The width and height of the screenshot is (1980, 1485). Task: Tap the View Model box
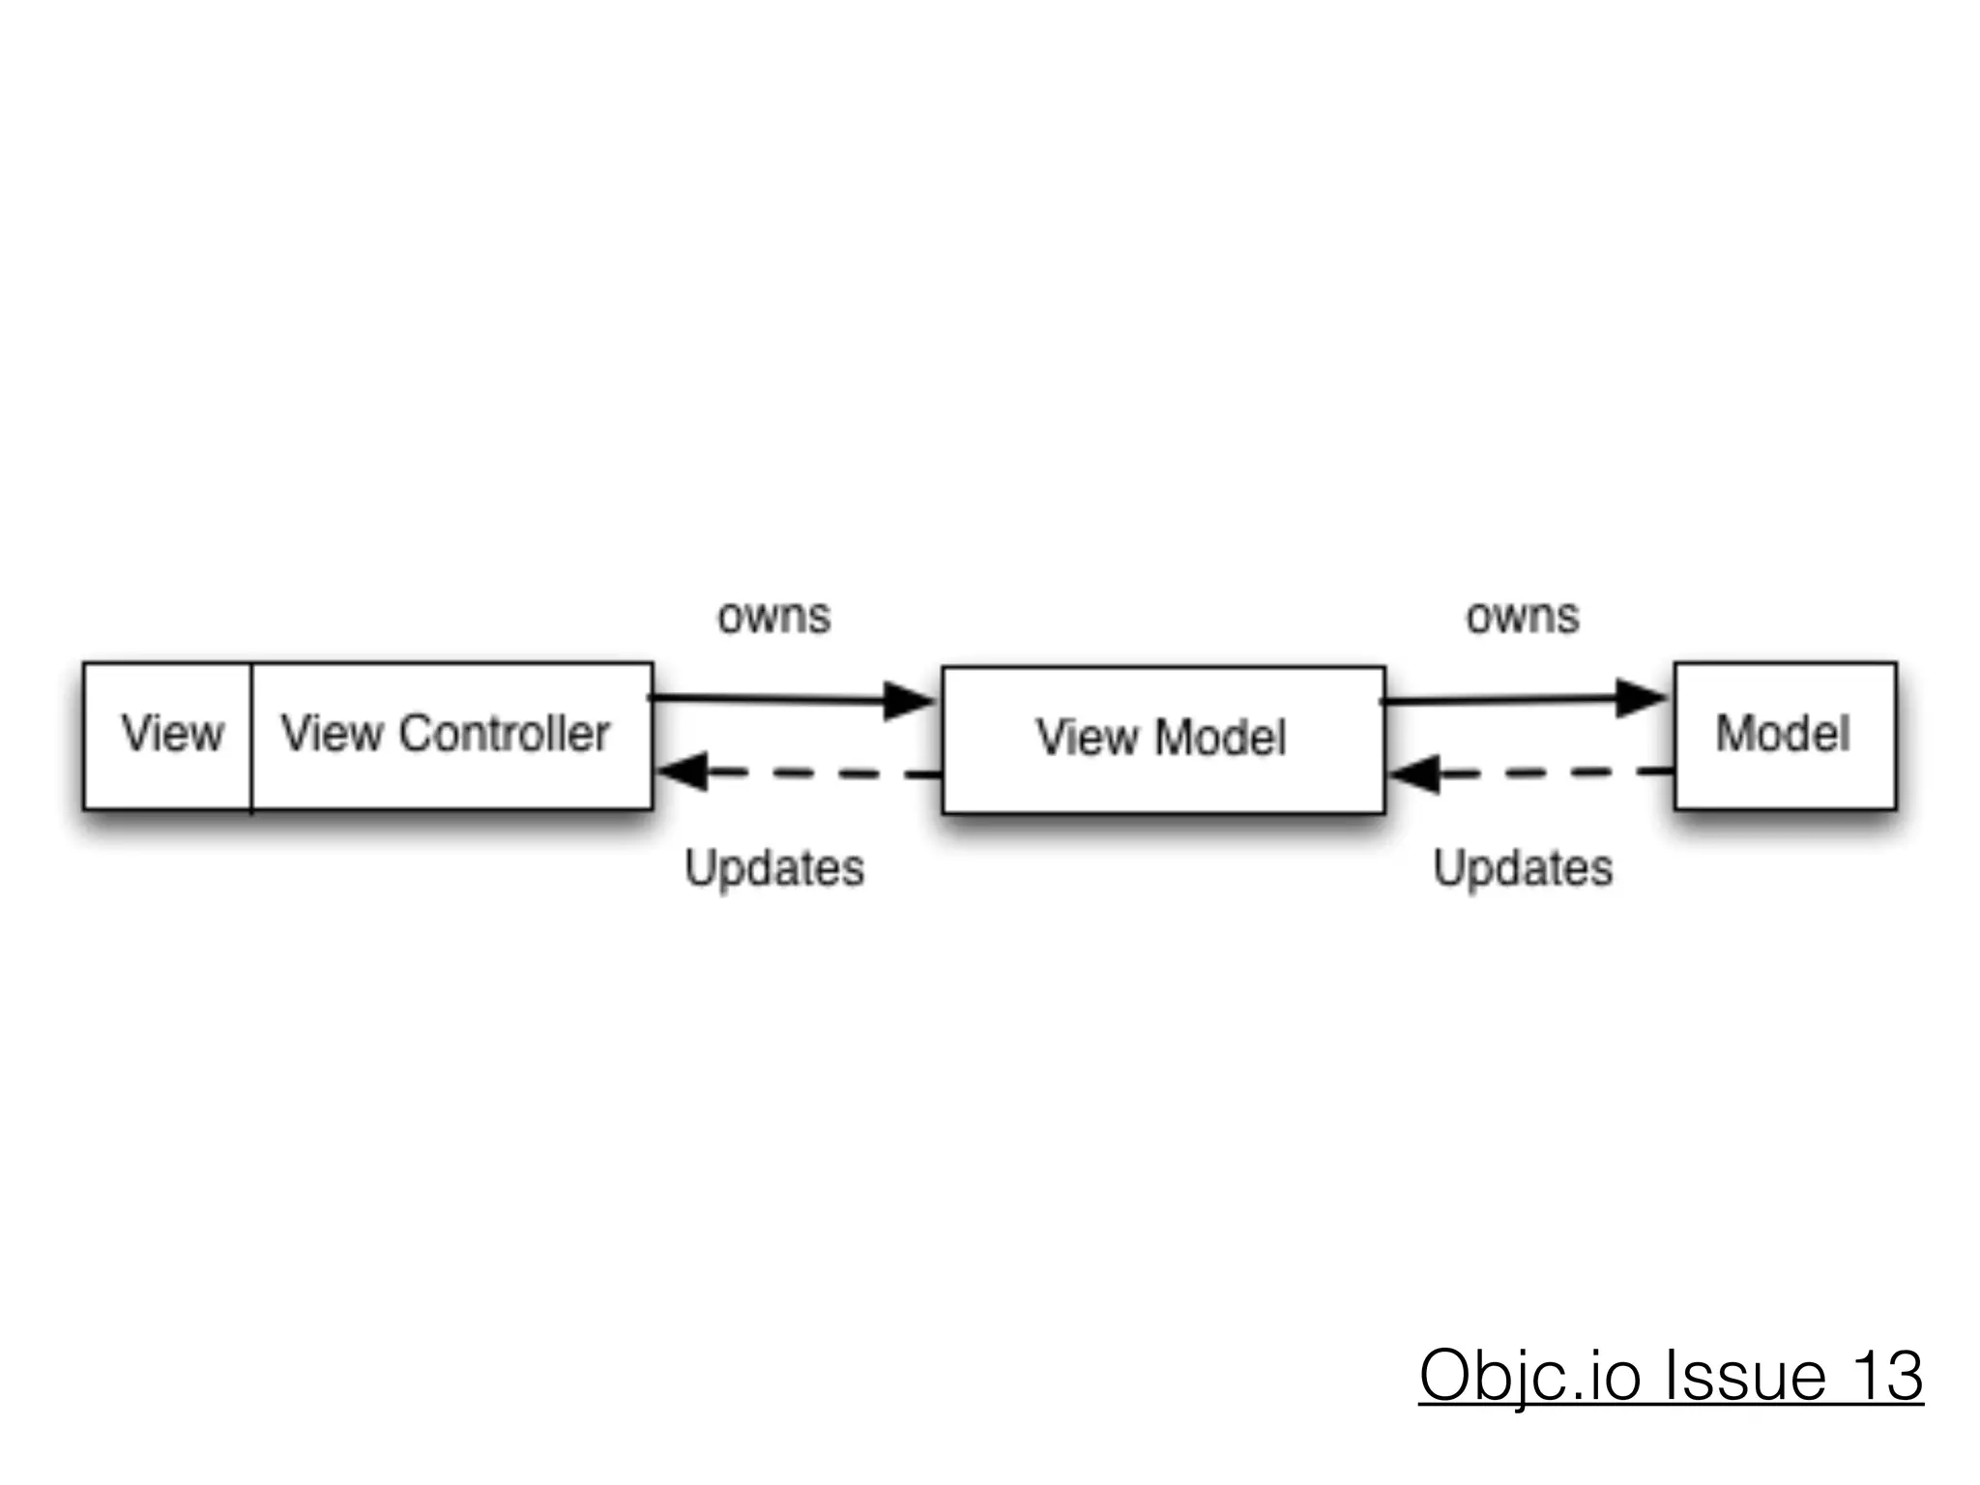(x=1162, y=739)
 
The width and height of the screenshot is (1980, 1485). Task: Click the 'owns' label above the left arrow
(x=773, y=617)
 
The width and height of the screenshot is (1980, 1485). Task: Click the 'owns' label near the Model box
(x=1522, y=617)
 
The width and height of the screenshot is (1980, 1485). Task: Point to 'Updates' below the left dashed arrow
(x=774, y=867)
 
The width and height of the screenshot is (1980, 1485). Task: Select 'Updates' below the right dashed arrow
(x=1523, y=867)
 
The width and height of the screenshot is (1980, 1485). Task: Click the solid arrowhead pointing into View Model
(x=909, y=700)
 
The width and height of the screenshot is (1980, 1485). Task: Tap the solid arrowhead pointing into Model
(x=1641, y=697)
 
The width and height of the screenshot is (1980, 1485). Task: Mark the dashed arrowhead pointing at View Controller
(x=683, y=772)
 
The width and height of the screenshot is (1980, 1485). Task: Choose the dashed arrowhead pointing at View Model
(x=1414, y=773)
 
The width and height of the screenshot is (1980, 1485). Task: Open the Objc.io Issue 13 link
(x=1671, y=1375)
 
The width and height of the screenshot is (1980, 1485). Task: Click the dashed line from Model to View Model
(x=1557, y=772)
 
